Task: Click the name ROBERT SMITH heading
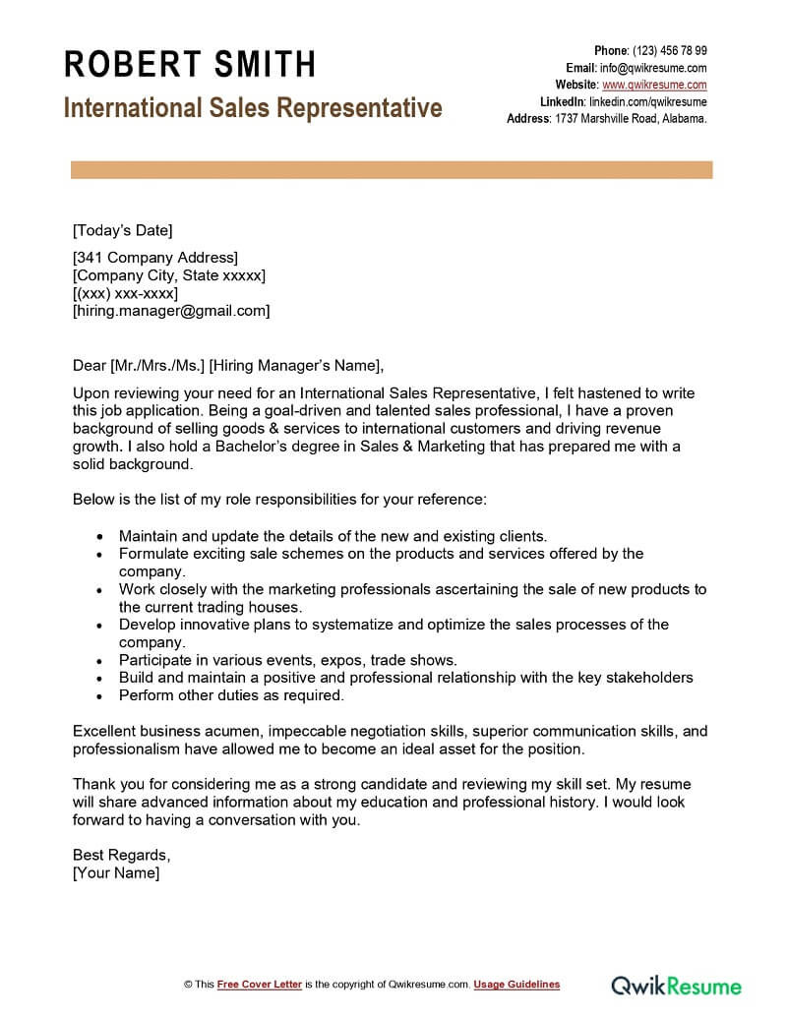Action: (190, 65)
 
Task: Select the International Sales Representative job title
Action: (253, 107)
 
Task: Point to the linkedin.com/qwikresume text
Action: (647, 101)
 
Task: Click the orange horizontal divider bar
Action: (392, 170)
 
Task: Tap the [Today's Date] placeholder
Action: (123, 231)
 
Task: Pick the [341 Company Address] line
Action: (155, 258)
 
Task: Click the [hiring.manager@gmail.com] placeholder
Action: (171, 311)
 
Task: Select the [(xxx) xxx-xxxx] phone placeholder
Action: (126, 293)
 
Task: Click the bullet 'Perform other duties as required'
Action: (231, 695)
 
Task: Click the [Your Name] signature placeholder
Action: (116, 872)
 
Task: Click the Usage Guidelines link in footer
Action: (516, 985)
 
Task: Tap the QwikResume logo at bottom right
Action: (676, 985)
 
